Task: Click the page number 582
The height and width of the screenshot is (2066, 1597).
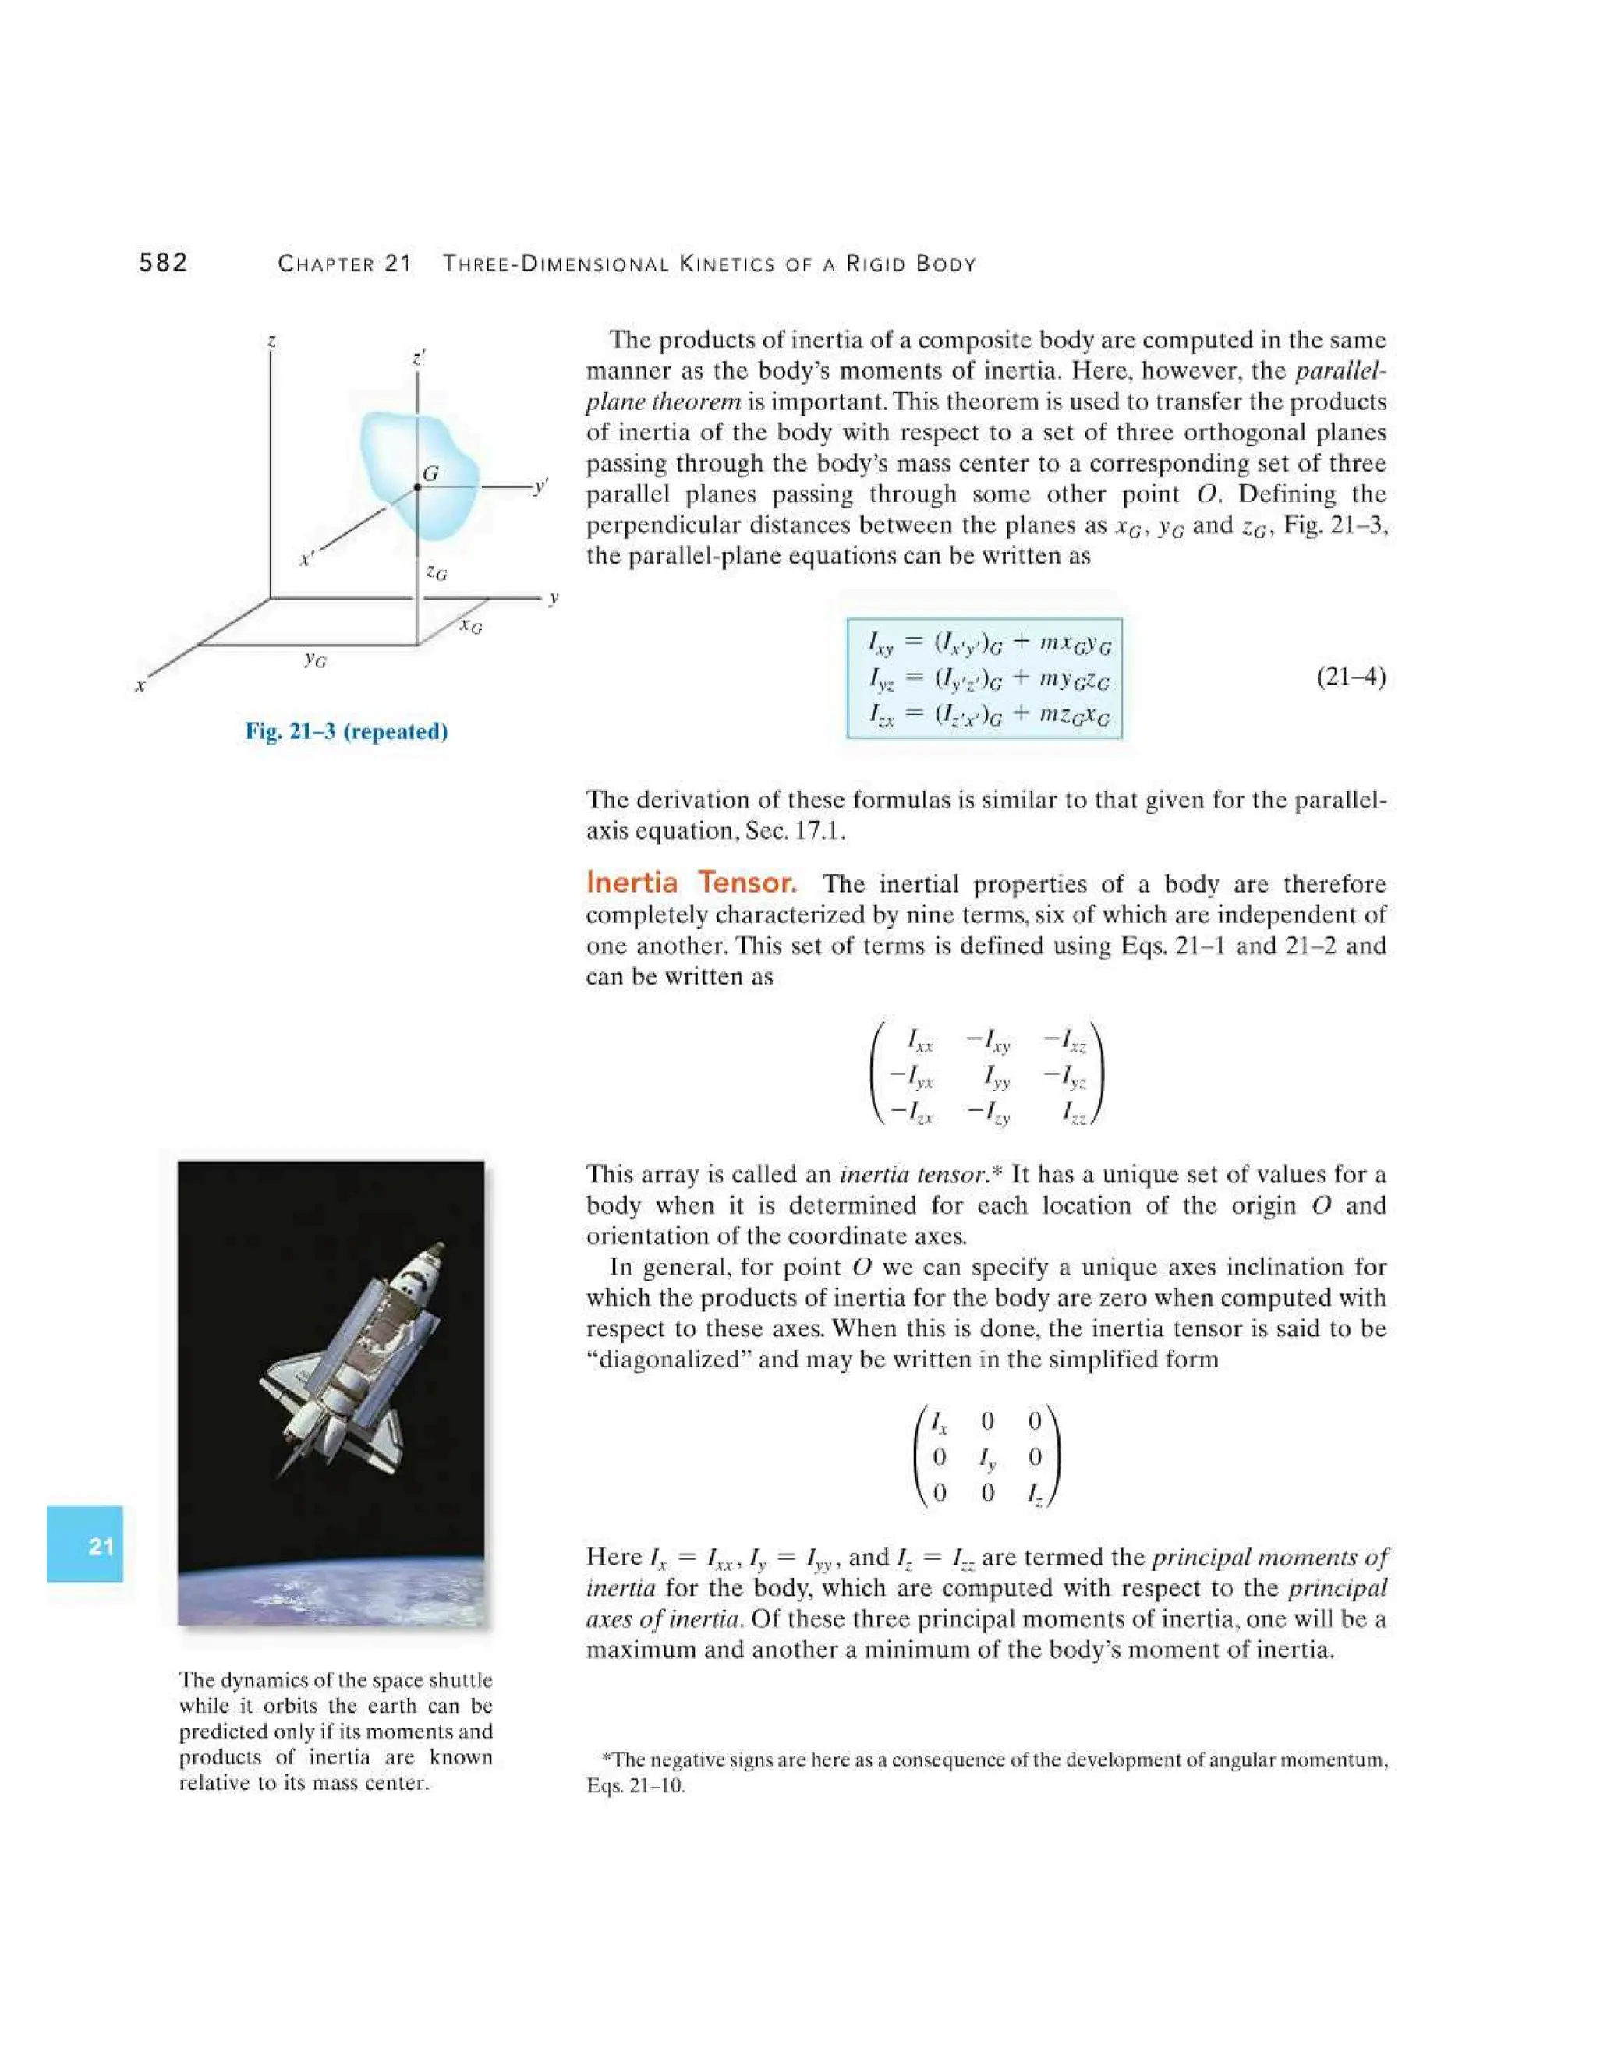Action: coord(164,263)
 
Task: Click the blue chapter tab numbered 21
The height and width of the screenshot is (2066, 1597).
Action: coord(85,1546)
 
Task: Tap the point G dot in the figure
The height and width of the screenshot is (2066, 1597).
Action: coord(417,487)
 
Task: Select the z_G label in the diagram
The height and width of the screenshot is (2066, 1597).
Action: coord(436,572)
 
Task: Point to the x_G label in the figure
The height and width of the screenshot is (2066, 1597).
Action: coord(470,625)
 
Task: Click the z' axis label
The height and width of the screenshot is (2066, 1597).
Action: coord(419,359)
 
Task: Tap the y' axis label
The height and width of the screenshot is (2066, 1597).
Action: coord(540,486)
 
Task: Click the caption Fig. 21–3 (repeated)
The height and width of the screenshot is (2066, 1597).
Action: coord(346,731)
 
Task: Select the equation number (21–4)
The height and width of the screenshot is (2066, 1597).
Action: coord(1350,677)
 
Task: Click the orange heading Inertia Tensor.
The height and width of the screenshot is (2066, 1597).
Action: coord(691,883)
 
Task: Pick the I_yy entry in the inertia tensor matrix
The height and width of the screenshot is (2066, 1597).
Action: coord(997,1077)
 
